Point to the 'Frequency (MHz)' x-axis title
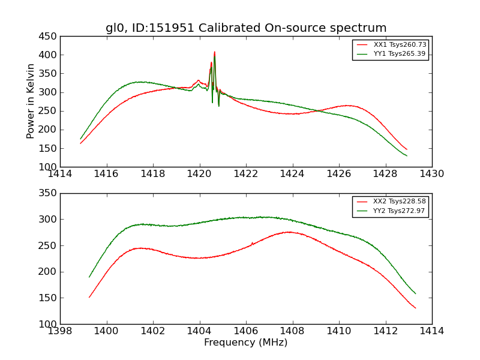click(245, 343)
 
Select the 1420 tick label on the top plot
click(199, 174)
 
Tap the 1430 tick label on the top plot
click(431, 174)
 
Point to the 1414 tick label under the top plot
click(60, 174)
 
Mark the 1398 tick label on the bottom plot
click(60, 331)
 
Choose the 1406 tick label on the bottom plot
click(245, 331)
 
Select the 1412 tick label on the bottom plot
click(385, 331)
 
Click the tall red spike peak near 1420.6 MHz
click(214, 52)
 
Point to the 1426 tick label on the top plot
click(338, 174)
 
